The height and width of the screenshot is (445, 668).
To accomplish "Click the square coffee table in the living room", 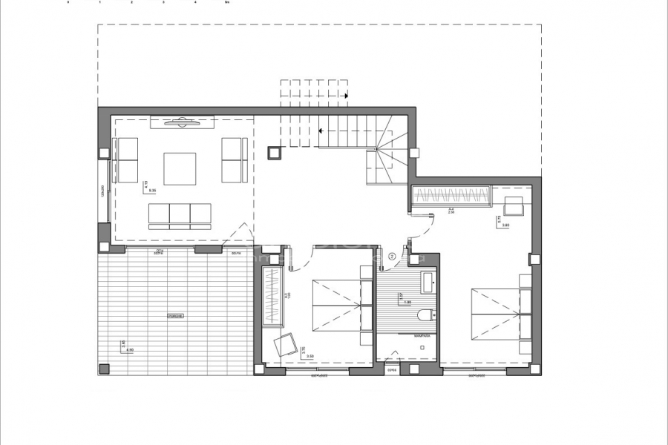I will tap(180, 168).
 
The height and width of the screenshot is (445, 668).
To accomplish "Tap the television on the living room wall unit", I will tap(182, 122).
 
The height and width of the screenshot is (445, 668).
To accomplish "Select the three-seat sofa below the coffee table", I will tap(180, 214).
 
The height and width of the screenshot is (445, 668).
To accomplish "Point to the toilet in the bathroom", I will tap(425, 315).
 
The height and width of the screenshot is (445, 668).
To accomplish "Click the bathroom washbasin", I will tap(429, 283).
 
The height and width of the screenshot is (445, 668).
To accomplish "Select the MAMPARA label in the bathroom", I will tap(422, 336).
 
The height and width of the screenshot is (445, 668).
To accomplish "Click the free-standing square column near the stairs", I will tap(274, 152).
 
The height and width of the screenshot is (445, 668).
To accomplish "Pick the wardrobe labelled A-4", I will tap(451, 197).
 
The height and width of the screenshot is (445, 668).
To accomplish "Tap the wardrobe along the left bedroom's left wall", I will tap(273, 295).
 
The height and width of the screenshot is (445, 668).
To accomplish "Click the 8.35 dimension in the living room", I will tap(153, 191).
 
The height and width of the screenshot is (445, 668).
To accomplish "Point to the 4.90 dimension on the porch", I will tap(130, 349).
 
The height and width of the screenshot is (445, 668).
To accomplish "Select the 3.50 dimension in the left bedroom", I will tap(310, 357).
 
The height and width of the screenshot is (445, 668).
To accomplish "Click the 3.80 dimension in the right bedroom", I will tap(505, 225).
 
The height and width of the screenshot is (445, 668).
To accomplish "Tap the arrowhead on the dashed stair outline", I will tap(347, 95).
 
